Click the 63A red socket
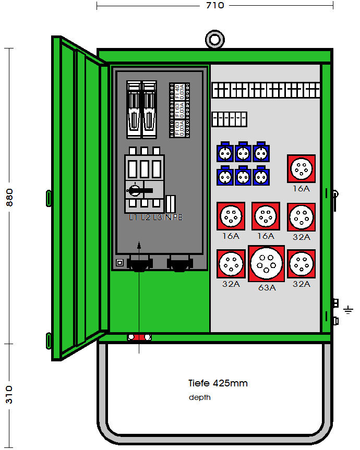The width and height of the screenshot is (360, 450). click(x=266, y=263)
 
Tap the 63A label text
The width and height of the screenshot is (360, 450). click(x=266, y=287)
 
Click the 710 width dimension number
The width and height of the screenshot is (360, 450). click(x=215, y=5)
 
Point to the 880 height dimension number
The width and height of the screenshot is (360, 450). click(x=9, y=197)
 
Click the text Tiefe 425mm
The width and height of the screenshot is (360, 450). click(x=218, y=383)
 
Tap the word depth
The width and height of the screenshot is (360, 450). click(x=200, y=398)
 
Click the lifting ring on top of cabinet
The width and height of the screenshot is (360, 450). click(x=214, y=40)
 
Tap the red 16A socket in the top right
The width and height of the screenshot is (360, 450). click(x=301, y=168)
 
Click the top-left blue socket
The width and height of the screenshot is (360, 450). click(x=225, y=152)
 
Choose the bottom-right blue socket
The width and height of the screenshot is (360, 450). click(x=261, y=176)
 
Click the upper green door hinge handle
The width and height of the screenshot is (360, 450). click(x=49, y=198)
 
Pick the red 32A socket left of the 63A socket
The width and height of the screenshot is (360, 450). click(x=231, y=263)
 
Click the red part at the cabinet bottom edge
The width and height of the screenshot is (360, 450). click(x=139, y=337)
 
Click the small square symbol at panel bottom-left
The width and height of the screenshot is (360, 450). click(x=119, y=263)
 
